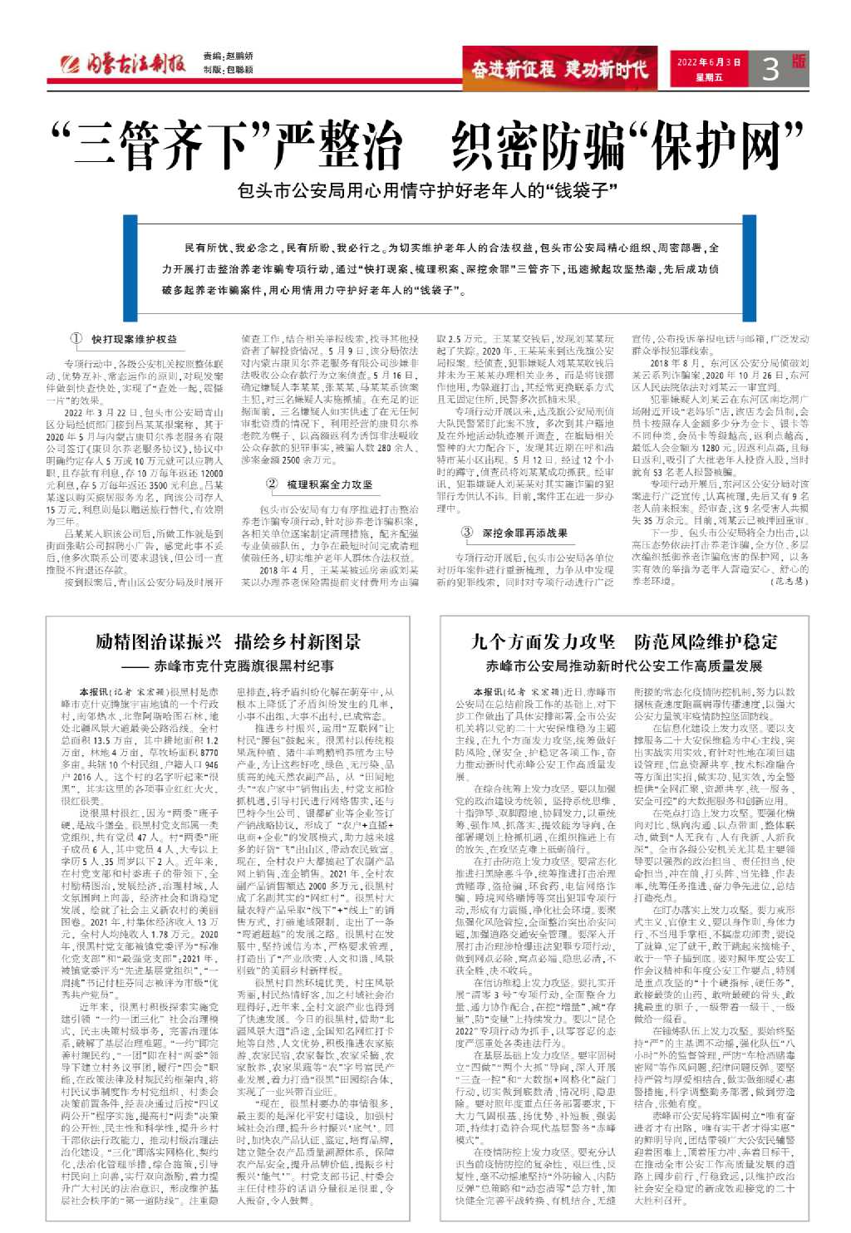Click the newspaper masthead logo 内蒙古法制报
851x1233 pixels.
[125, 66]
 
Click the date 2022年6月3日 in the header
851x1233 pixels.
[708, 62]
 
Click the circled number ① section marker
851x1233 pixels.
[76, 339]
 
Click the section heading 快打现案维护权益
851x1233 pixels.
[134, 339]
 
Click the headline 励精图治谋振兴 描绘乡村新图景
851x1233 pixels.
[228, 641]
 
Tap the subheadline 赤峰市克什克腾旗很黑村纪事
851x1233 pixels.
[243, 666]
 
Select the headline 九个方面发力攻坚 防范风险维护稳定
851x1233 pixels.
[624, 641]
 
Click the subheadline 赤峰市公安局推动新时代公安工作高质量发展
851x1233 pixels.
[624, 666]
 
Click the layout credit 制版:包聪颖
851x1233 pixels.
[229, 71]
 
